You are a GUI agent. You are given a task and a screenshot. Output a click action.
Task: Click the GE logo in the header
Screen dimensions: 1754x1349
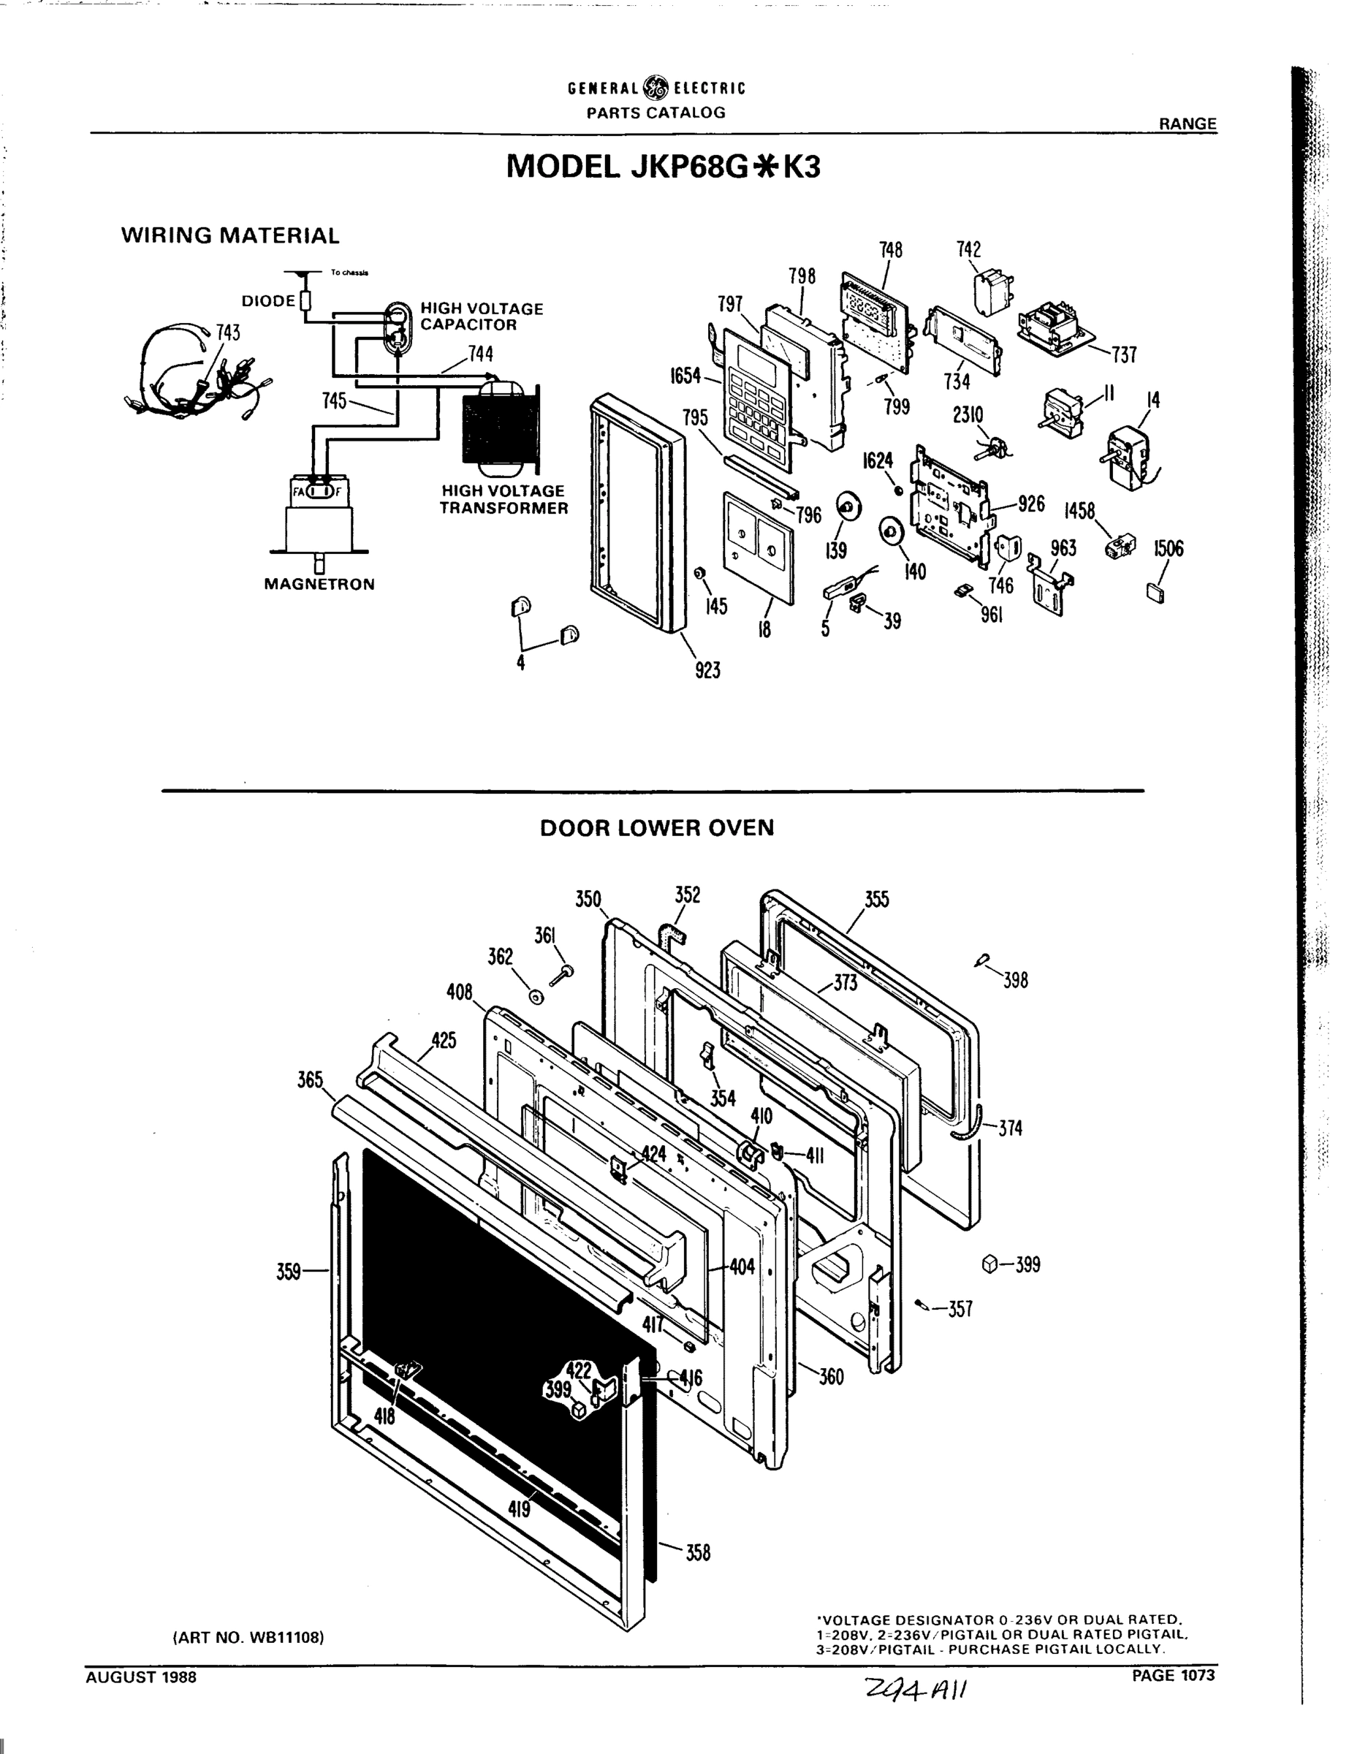(x=657, y=88)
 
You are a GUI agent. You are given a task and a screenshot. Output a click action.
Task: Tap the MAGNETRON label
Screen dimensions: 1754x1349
(x=319, y=585)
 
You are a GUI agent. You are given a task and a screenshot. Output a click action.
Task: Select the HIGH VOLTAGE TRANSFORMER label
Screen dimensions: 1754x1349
(x=503, y=500)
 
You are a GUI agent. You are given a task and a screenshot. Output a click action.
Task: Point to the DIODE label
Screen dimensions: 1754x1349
(x=268, y=301)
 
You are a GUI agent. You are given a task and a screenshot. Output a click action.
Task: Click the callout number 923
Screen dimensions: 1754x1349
(x=707, y=669)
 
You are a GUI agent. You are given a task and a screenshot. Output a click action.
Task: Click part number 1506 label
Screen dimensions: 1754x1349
(x=1168, y=549)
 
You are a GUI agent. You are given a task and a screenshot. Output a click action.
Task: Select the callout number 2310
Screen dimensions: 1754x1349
(x=968, y=414)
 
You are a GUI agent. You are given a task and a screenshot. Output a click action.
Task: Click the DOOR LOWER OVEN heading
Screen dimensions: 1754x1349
(x=657, y=828)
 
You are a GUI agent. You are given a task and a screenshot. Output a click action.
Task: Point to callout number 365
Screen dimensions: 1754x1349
(x=310, y=1079)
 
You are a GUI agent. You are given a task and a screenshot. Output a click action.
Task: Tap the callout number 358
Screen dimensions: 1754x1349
(x=698, y=1552)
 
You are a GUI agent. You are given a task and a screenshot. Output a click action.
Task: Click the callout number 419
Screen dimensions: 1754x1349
(x=520, y=1510)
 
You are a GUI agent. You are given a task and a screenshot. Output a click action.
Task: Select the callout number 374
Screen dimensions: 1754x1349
(x=1010, y=1128)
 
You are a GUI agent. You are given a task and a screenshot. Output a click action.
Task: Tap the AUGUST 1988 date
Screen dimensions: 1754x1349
(x=141, y=1677)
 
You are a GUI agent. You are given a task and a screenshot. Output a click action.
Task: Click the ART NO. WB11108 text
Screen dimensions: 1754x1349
(x=248, y=1637)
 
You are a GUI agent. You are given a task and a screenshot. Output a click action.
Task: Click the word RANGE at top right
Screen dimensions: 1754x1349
(x=1187, y=124)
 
